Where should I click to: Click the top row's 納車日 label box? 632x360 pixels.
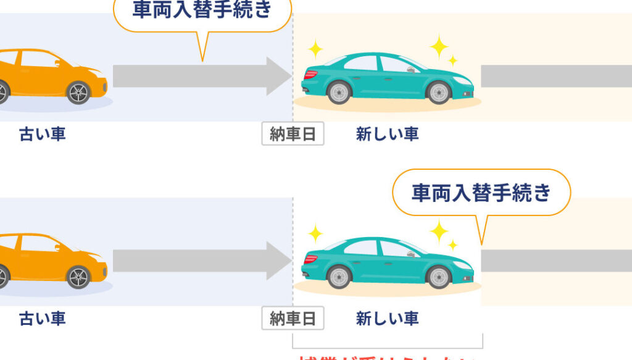(x=293, y=134)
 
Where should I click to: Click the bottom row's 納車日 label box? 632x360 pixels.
(x=293, y=319)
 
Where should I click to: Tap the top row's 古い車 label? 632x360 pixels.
(x=43, y=134)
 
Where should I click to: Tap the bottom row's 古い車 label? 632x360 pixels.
(x=43, y=319)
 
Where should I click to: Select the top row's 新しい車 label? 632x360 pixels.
(x=387, y=134)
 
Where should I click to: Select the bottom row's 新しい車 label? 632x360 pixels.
(x=387, y=319)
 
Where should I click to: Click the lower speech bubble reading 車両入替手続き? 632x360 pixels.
(x=481, y=193)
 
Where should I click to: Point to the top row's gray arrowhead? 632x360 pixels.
(x=278, y=76)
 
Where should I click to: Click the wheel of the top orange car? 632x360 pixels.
(x=79, y=93)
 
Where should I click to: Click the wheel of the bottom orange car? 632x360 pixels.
(x=79, y=277)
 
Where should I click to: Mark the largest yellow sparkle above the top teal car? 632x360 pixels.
(x=439, y=46)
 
